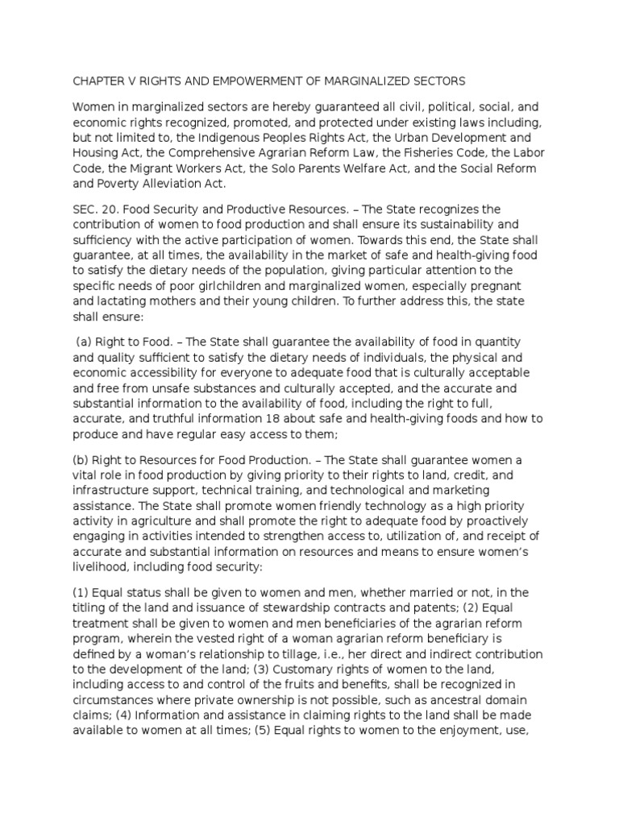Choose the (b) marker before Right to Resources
coord(82,460)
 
